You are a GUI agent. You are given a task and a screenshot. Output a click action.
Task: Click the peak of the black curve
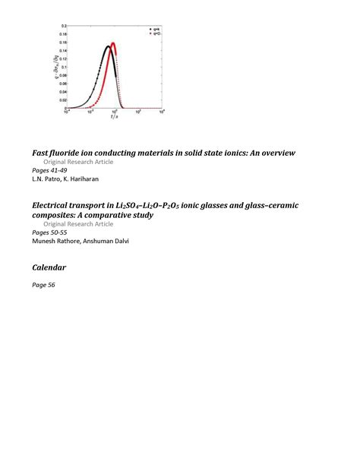tap(108, 46)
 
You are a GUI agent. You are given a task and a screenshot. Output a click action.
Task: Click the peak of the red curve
tap(113, 43)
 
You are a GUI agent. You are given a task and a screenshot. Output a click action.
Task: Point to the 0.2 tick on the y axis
tap(64, 26)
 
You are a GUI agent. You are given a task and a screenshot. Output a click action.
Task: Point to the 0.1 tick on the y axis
tap(64, 67)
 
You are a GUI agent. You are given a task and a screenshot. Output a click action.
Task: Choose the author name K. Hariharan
tap(77, 179)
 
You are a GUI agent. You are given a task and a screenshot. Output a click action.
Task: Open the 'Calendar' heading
tap(49, 268)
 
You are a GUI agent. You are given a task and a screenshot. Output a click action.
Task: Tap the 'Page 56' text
tap(44, 285)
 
